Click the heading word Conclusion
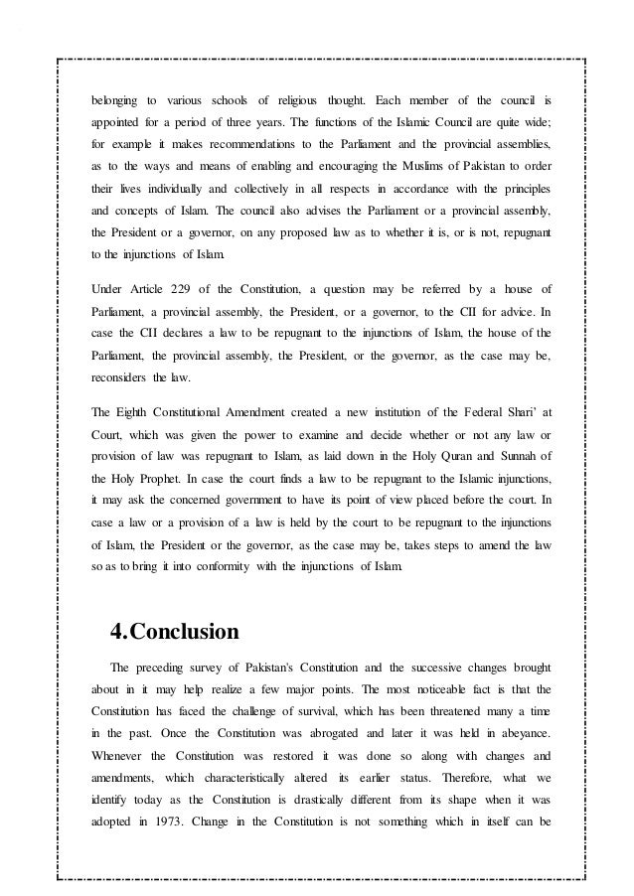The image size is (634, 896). [186, 632]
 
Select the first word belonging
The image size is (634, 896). [115, 100]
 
